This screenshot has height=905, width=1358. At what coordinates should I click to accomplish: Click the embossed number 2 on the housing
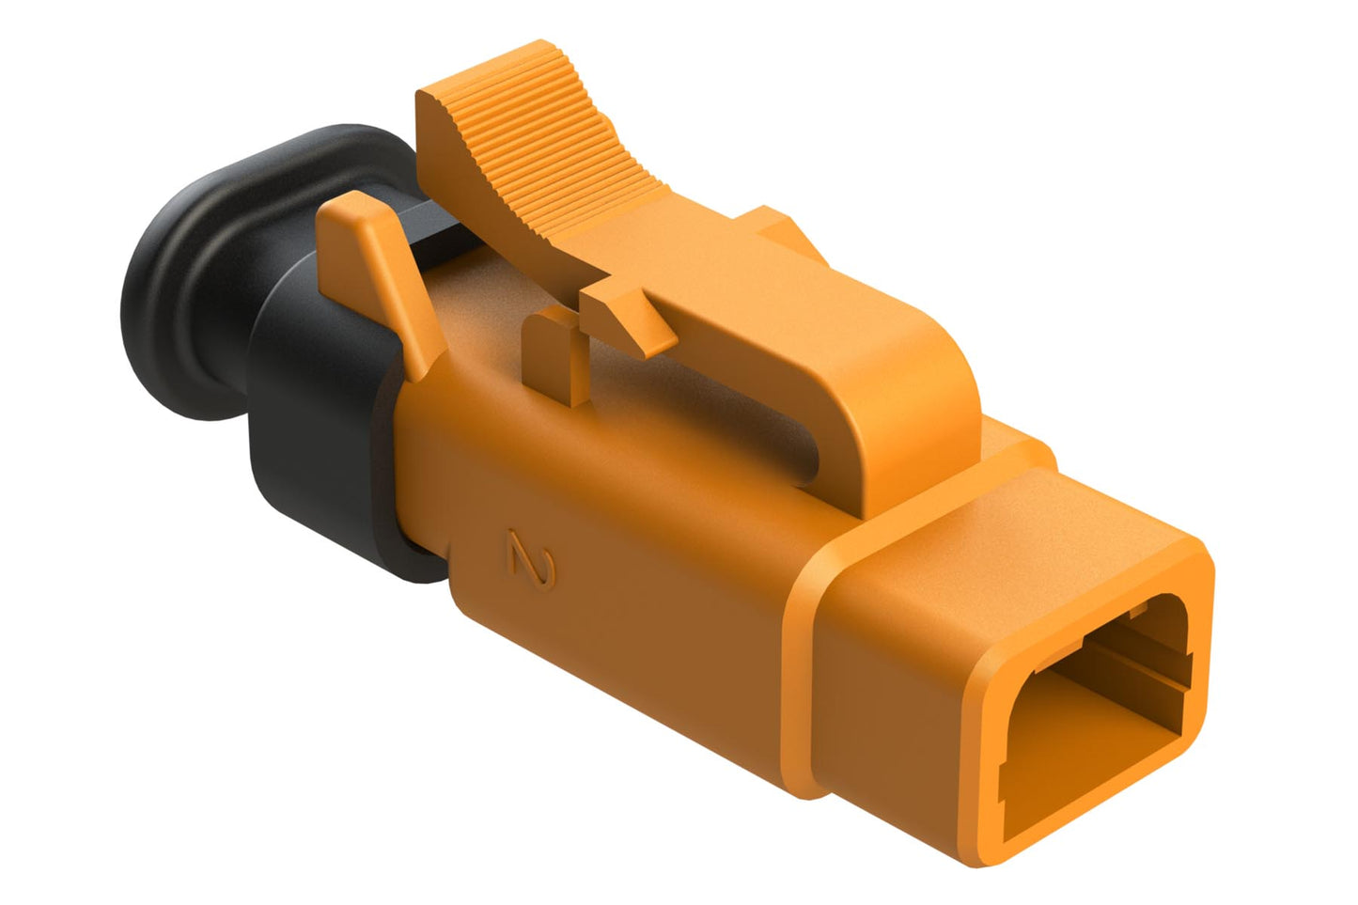(x=531, y=560)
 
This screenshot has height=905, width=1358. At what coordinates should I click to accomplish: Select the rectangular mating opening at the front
(x=1090, y=714)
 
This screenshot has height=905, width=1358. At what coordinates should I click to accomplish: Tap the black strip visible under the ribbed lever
(x=442, y=226)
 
